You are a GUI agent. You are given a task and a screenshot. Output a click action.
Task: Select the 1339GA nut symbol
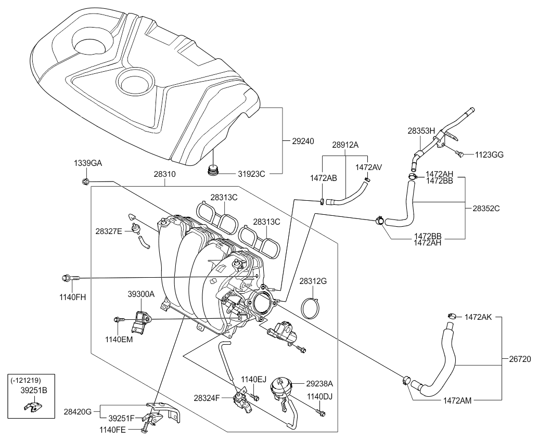tap(85, 181)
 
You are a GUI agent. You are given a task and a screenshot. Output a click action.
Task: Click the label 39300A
tap(142, 294)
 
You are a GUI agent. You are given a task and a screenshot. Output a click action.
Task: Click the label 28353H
tap(420, 132)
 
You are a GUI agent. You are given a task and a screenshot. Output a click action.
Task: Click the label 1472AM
tap(457, 401)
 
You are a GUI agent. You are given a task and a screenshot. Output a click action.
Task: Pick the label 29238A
tap(319, 384)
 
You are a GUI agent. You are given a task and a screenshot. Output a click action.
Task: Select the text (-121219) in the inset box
tap(25, 380)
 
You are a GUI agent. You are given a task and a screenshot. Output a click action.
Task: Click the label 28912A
tap(345, 145)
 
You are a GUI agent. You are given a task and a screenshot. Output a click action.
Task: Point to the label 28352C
tap(486, 208)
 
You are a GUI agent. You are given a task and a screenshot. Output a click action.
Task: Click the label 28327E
tap(109, 230)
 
